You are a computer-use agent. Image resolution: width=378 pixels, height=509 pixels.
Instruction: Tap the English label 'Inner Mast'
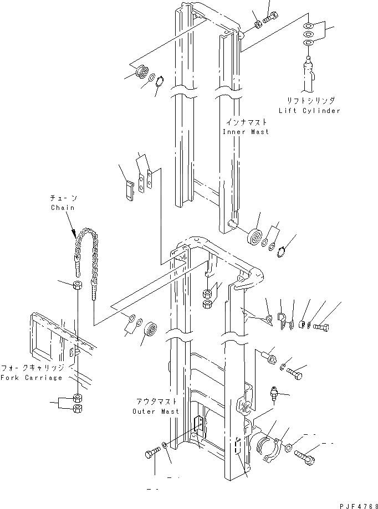tap(246, 132)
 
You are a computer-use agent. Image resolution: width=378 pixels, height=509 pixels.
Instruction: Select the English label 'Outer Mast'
tap(156, 412)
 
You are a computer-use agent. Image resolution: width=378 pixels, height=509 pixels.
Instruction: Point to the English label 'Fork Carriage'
tap(32, 378)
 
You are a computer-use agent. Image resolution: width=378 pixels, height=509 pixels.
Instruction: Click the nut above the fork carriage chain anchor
tap(77, 287)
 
